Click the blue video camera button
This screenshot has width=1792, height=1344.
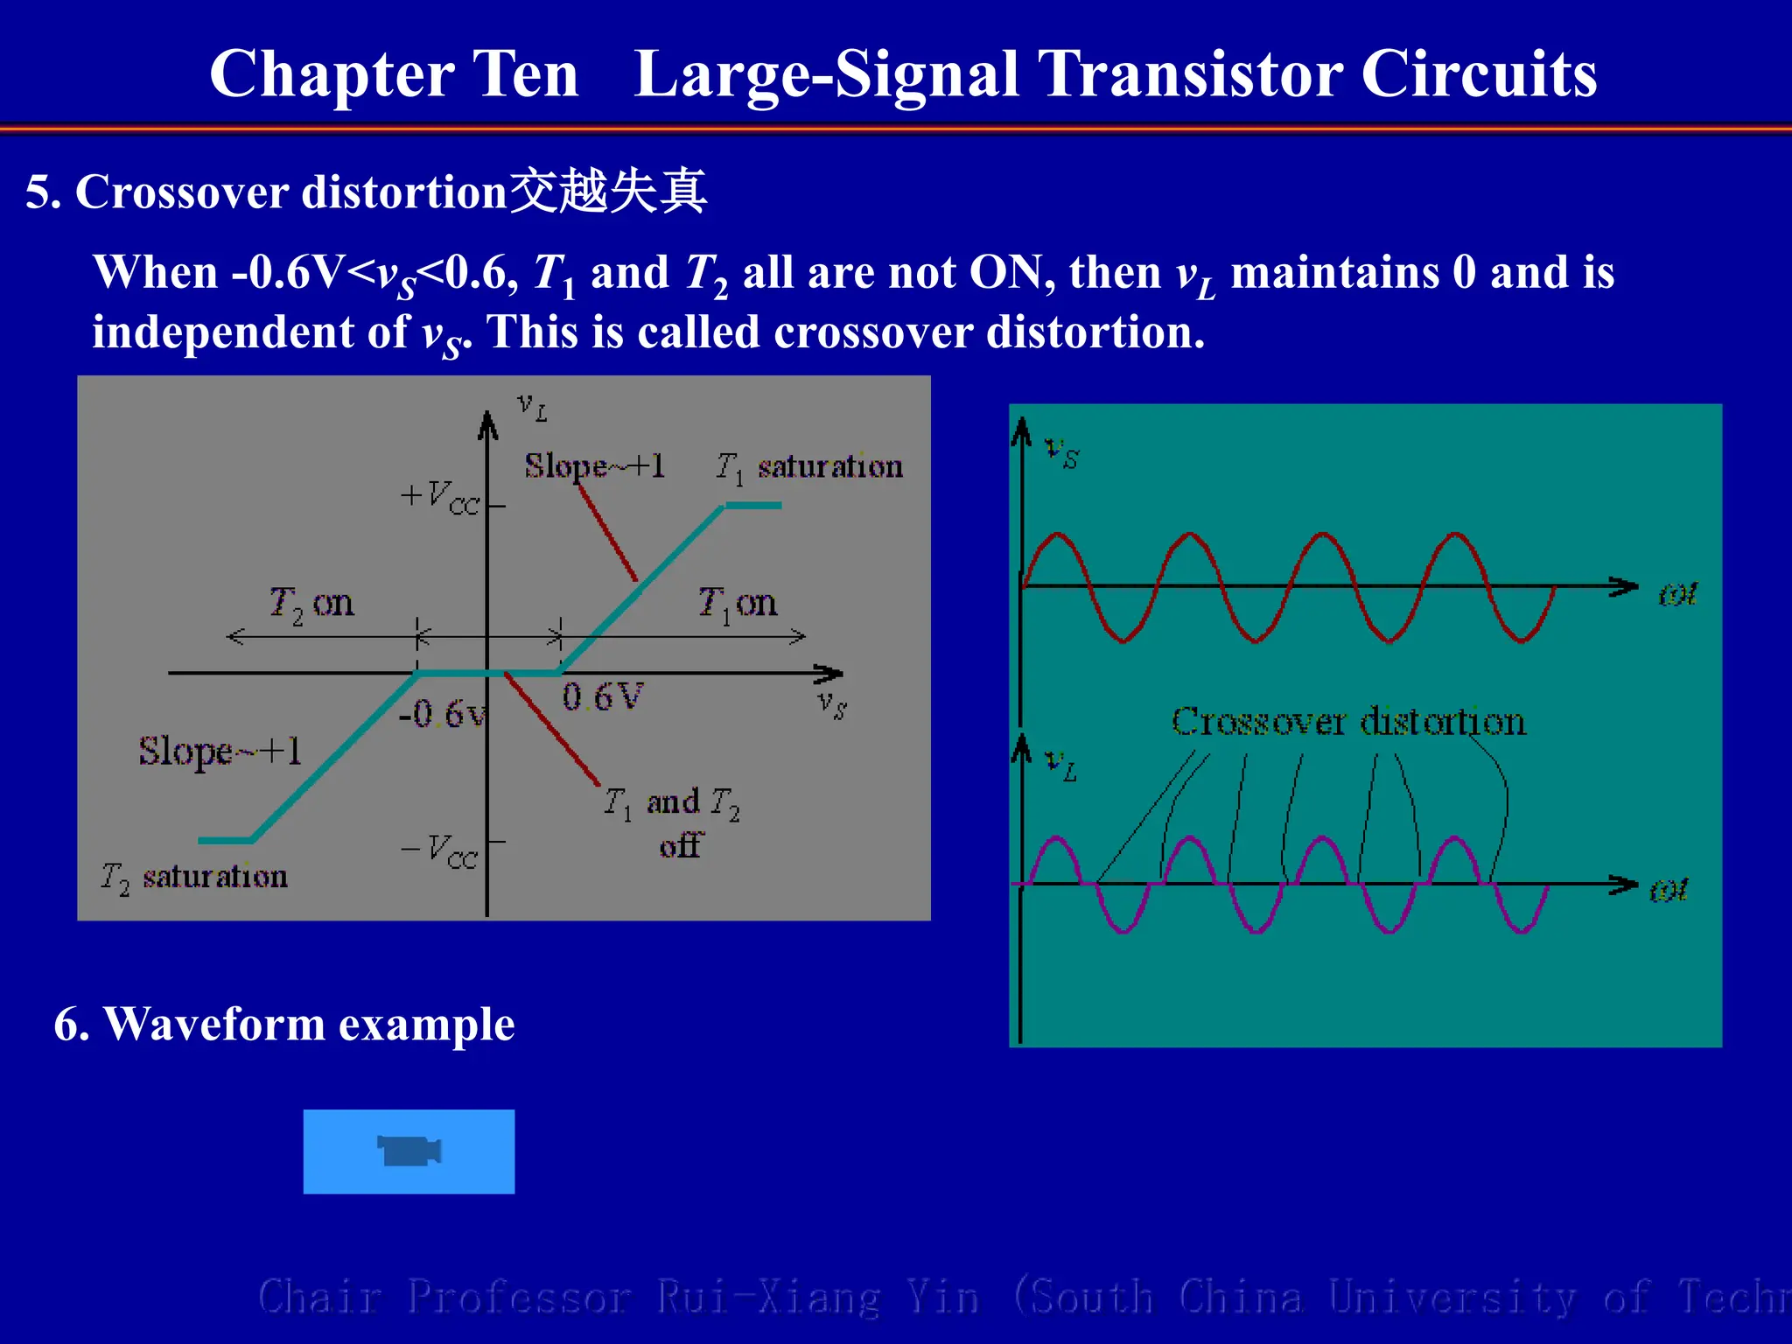[409, 1151]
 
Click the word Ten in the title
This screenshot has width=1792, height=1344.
[525, 73]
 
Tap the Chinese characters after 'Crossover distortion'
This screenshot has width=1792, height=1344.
[608, 192]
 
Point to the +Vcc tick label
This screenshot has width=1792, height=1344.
[440, 497]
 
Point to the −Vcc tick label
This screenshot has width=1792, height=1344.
[439, 850]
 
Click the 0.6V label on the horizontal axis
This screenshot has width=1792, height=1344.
[602, 697]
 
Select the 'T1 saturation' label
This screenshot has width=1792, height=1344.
[808, 467]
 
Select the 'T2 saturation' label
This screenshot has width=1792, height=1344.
[194, 876]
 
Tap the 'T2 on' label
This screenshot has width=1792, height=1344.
[311, 603]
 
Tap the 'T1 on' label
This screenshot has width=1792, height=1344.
[737, 603]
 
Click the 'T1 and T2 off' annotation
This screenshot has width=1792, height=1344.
[672, 821]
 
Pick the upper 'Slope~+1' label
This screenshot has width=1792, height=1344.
[595, 465]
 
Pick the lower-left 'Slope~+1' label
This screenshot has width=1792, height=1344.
[220, 751]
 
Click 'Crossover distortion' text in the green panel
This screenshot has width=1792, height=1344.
[1347, 722]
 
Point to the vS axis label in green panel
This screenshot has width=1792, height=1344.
[1062, 452]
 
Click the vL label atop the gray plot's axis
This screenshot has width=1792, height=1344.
[532, 406]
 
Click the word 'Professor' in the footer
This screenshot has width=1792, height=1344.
[518, 1297]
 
